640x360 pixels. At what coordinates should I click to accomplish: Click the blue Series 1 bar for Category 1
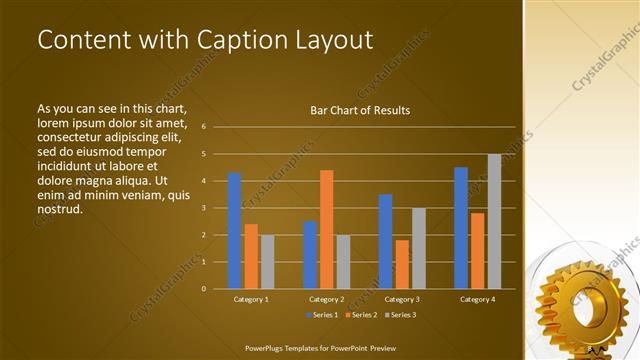coord(234,231)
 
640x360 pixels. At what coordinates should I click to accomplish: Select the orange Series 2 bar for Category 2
coord(326,229)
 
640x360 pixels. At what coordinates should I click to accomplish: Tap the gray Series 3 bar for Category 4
coord(494,221)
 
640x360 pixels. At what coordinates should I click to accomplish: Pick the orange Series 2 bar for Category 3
coord(402,264)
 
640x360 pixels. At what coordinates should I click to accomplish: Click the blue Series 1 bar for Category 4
coord(461,228)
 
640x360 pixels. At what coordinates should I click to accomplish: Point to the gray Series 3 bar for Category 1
coord(267,262)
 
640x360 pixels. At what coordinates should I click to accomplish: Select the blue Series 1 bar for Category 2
coord(310,255)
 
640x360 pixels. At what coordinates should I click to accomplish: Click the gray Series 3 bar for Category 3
coord(419,248)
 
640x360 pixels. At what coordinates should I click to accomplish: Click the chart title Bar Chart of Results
coord(360,110)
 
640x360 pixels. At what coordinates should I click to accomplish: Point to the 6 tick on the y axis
coord(203,127)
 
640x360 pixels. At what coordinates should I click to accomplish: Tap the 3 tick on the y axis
coord(203,208)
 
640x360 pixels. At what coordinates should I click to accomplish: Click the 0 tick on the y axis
coord(203,289)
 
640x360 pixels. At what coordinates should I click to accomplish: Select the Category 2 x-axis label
coord(327,300)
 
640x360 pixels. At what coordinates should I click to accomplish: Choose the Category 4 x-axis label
coord(478,300)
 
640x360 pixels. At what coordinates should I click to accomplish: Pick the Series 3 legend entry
coord(400,315)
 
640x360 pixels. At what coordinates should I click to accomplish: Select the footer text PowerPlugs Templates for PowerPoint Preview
coord(327,348)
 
